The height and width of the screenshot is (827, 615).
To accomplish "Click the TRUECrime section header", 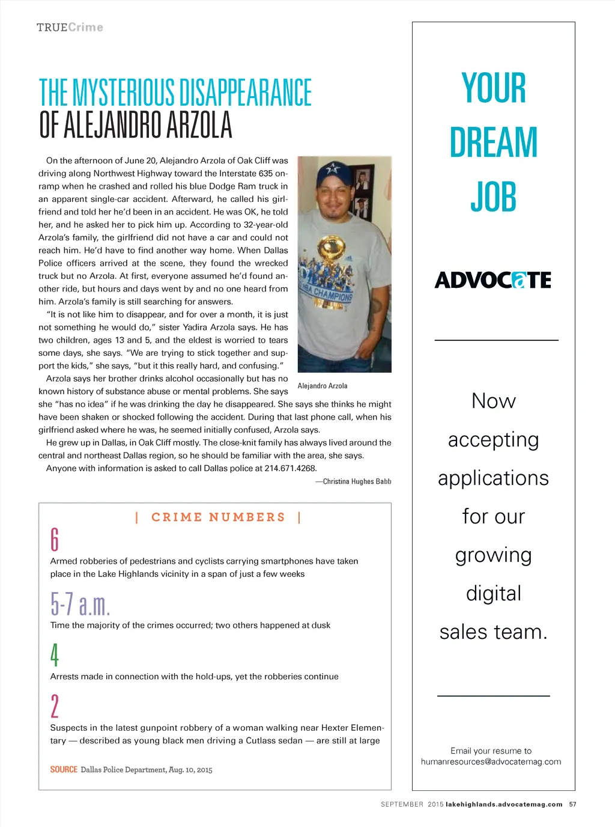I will (x=70, y=28).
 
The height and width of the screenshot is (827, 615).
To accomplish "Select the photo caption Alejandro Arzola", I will (x=323, y=386).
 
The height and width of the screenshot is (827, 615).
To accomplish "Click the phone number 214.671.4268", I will (x=290, y=468).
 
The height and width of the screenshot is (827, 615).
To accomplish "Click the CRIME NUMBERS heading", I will (x=218, y=517).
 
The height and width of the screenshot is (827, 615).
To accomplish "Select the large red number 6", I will (x=55, y=539).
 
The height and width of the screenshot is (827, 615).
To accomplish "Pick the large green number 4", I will (x=55, y=655).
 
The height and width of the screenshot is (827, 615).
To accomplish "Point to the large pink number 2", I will (x=55, y=706).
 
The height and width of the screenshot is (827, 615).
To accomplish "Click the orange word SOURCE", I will (x=64, y=770).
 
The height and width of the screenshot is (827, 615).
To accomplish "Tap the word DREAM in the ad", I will (x=493, y=142).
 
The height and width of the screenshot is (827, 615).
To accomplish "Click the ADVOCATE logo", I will (x=493, y=280).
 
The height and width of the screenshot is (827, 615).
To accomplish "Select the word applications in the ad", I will (x=493, y=478).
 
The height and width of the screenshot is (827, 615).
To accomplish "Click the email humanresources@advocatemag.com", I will (x=491, y=761).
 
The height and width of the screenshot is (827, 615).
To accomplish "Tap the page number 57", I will (x=572, y=804).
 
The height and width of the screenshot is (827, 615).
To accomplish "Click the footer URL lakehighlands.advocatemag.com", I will (x=504, y=804).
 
